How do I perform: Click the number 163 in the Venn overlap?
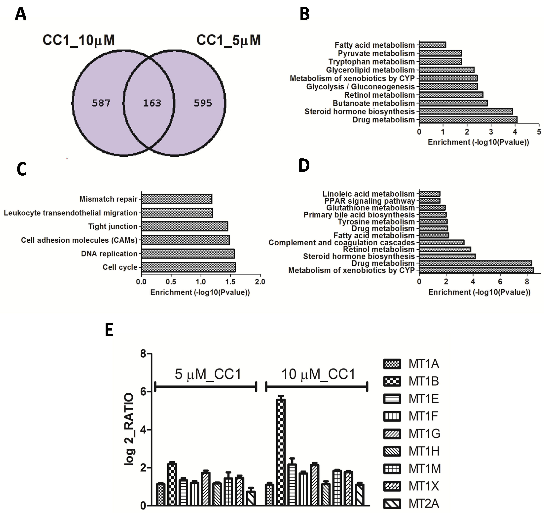coord(152,103)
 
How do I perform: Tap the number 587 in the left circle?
coord(101,103)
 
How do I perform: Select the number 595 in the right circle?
coord(203,103)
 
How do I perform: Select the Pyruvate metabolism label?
coord(376,53)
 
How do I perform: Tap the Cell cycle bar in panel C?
coord(188,267)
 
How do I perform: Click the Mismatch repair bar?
coord(177,199)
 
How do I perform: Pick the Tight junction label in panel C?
coord(113,226)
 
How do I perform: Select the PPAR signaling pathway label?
coord(369,201)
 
